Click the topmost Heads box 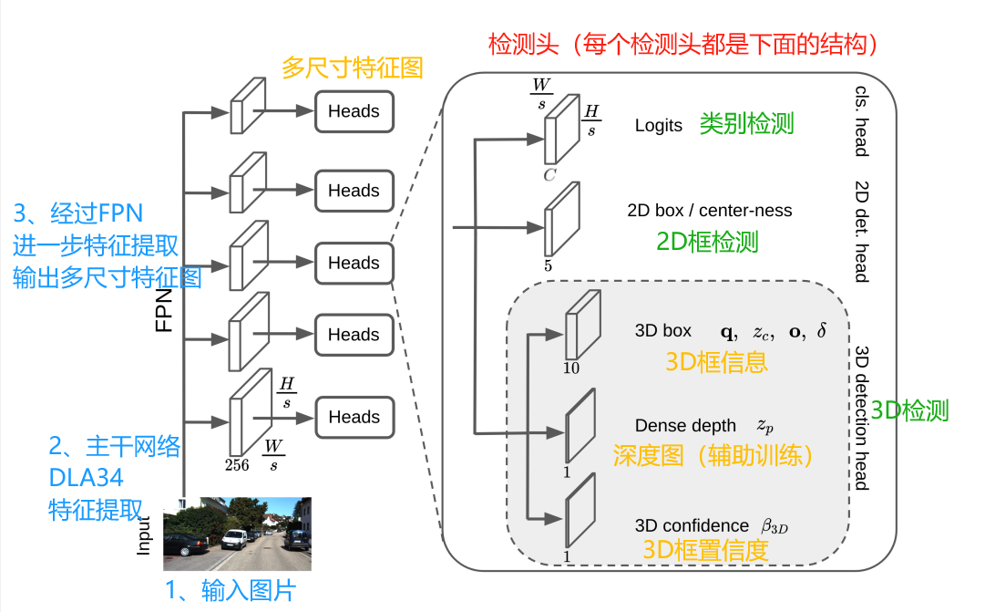click(354, 111)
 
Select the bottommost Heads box click(354, 417)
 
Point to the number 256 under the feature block click(237, 464)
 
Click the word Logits click(658, 126)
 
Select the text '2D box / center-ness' click(709, 211)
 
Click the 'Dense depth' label click(685, 425)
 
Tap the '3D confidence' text click(692, 525)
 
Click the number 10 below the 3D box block click(570, 368)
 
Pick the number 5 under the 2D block click(549, 266)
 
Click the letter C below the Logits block click(549, 174)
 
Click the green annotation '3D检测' click(909, 410)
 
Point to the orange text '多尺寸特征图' click(352, 68)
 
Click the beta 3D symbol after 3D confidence click(774, 526)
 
